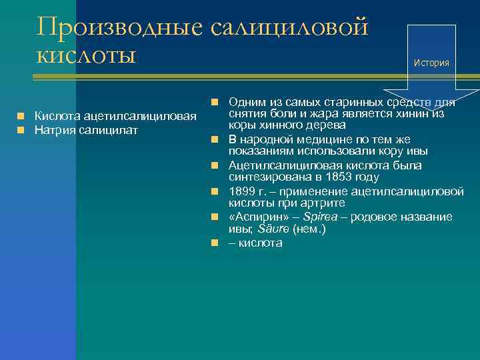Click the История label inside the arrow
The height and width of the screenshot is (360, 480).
[x=431, y=63]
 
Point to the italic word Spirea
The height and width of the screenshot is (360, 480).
[x=320, y=217]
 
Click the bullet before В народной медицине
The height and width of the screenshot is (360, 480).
[x=215, y=139]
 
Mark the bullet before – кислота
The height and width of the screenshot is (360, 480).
[x=215, y=243]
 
